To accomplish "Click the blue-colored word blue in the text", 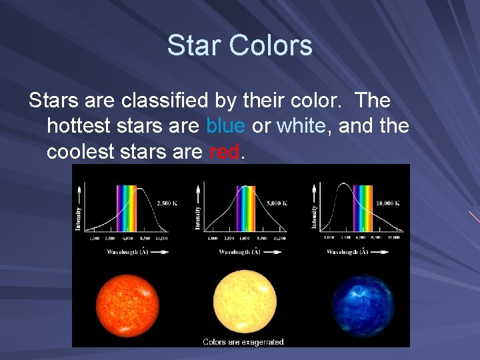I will coord(225,125).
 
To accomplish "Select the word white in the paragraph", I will coord(301,125).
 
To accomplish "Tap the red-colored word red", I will coord(223,152).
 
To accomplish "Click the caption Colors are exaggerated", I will coord(243,342).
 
